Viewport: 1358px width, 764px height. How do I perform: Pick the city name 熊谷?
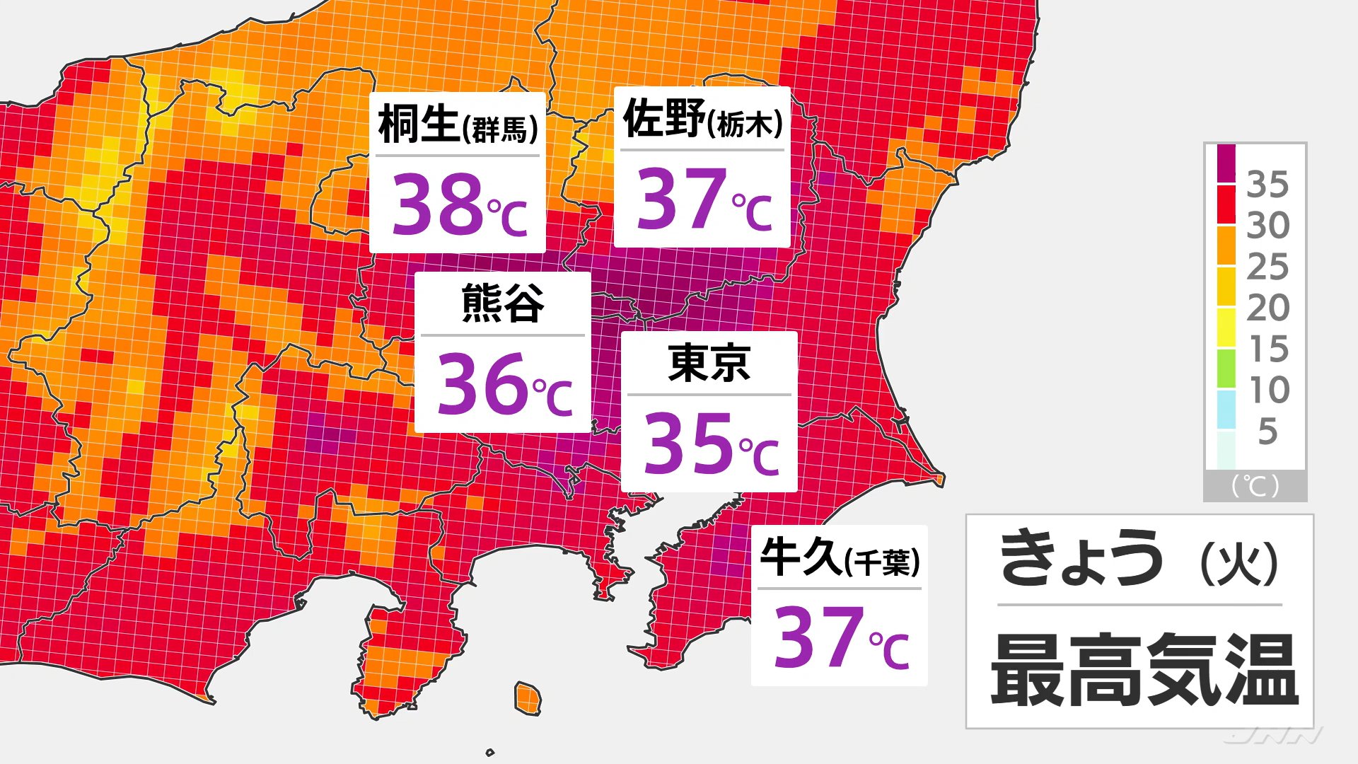(x=503, y=303)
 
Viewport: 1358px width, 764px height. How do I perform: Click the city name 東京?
(x=709, y=363)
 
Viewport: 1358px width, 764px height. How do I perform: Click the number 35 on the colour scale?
(x=1267, y=185)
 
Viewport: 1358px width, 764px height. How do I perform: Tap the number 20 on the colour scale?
(x=1267, y=308)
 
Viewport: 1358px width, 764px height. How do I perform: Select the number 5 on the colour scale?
(x=1267, y=432)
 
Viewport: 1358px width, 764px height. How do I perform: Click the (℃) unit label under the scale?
(x=1255, y=486)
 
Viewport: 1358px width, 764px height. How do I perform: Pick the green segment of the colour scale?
(x=1226, y=369)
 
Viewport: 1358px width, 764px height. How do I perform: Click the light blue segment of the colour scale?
(x=1226, y=410)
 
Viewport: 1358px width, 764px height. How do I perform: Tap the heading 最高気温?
(x=1144, y=670)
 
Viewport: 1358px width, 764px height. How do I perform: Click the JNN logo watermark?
(x=1273, y=736)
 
